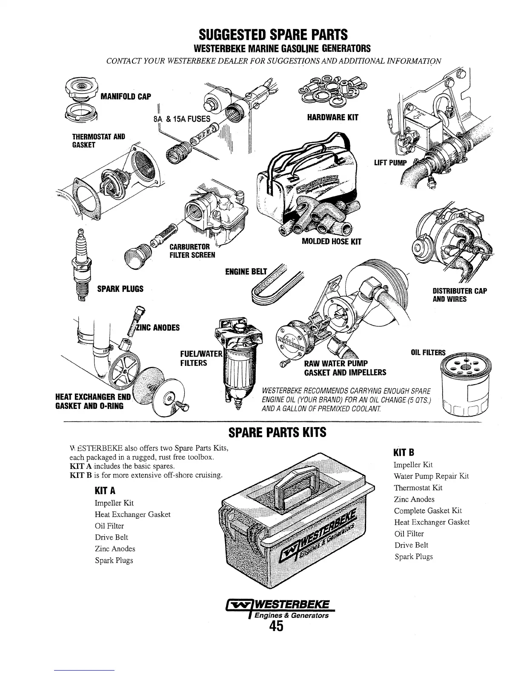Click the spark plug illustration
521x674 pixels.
click(81, 264)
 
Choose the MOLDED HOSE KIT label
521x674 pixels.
click(331, 242)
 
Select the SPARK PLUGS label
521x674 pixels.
click(120, 289)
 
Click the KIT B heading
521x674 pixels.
click(404, 452)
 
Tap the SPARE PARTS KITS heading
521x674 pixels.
click(277, 432)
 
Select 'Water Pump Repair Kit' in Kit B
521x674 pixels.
click(431, 476)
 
